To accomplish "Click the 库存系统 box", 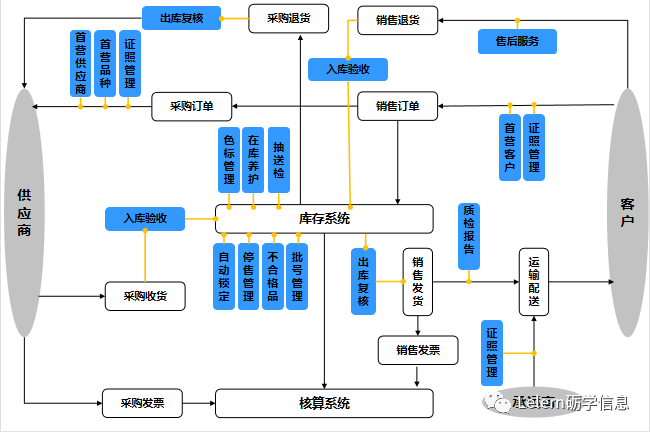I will tap(324, 219).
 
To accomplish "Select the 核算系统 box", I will tap(324, 404).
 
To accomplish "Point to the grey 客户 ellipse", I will tap(627, 212).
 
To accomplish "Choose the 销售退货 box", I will tap(397, 20).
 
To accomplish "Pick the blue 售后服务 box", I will tap(518, 42).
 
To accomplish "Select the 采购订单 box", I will tap(191, 106).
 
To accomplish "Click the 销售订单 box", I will tap(397, 106).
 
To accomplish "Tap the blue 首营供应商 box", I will tap(80, 63).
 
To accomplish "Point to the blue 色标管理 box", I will tap(229, 158).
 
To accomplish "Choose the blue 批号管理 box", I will tap(297, 275).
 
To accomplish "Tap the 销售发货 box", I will tap(417, 282).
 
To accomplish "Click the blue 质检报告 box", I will tap(468, 236).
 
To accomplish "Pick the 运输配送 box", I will tap(534, 282).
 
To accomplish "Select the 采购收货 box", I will tap(146, 296).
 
